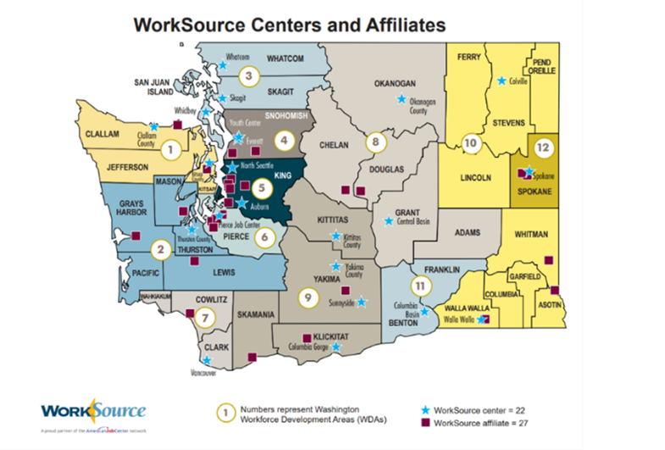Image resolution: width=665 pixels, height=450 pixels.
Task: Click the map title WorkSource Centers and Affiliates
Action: click(290, 25)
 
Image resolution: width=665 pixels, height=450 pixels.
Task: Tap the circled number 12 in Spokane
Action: click(543, 147)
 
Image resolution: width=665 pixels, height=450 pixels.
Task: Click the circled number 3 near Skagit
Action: click(247, 76)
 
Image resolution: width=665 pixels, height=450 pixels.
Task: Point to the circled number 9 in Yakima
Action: click(308, 297)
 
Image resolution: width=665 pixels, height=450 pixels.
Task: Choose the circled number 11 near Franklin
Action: click(418, 286)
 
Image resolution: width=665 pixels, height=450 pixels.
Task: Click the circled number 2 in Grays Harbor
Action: click(159, 249)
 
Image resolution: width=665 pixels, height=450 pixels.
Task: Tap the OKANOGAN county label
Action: click(396, 84)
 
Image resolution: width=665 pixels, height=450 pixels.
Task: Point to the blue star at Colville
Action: click(502, 81)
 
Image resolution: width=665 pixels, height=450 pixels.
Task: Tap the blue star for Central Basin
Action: click(389, 221)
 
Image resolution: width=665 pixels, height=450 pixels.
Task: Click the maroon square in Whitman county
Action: click(548, 260)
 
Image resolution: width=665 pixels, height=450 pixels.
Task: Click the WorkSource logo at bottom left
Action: click(93, 413)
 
